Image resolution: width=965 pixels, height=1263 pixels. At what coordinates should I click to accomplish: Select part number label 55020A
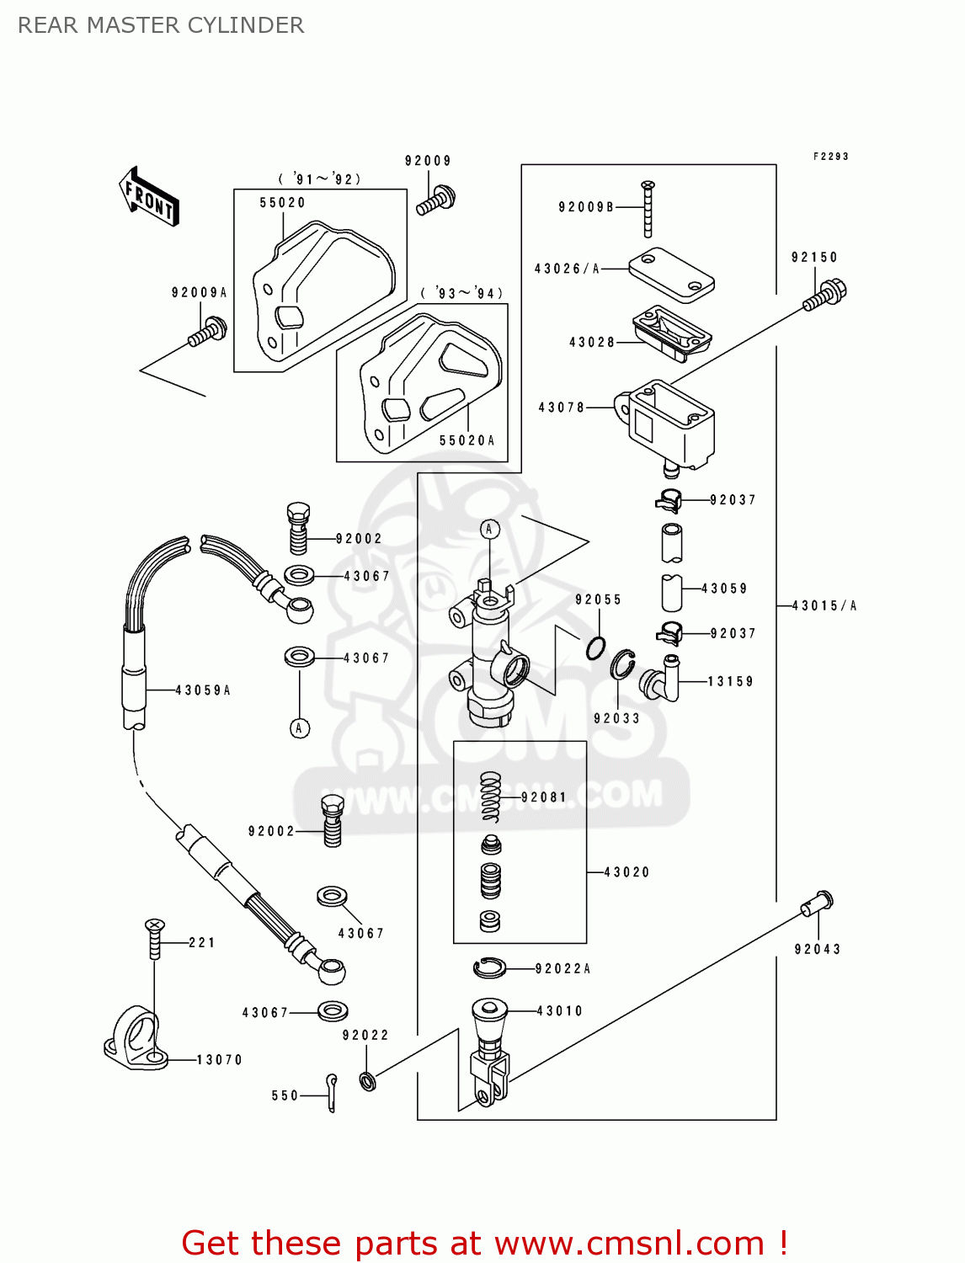pyautogui.click(x=467, y=440)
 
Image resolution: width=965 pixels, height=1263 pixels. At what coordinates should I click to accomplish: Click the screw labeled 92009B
pyautogui.click(x=648, y=210)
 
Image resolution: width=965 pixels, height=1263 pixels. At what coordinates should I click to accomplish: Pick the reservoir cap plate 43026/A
pyautogui.click(x=671, y=274)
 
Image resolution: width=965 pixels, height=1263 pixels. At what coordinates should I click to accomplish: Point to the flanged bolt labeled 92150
pyautogui.click(x=824, y=296)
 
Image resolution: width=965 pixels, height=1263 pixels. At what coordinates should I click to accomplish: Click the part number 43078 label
pyautogui.click(x=562, y=408)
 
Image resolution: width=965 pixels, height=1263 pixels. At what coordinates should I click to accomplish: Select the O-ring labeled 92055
pyautogui.click(x=596, y=648)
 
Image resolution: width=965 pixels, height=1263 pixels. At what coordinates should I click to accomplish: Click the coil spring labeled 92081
pyautogui.click(x=491, y=797)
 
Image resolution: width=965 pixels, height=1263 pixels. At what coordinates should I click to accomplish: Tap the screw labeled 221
pyautogui.click(x=154, y=939)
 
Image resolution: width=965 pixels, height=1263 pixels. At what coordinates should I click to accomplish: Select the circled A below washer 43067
pyautogui.click(x=300, y=727)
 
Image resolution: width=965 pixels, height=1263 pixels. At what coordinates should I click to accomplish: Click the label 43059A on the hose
pyautogui.click(x=203, y=690)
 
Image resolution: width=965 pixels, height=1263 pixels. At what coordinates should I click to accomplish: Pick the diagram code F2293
pyautogui.click(x=830, y=157)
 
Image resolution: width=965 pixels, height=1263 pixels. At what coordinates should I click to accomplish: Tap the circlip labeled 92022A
pyautogui.click(x=489, y=968)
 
